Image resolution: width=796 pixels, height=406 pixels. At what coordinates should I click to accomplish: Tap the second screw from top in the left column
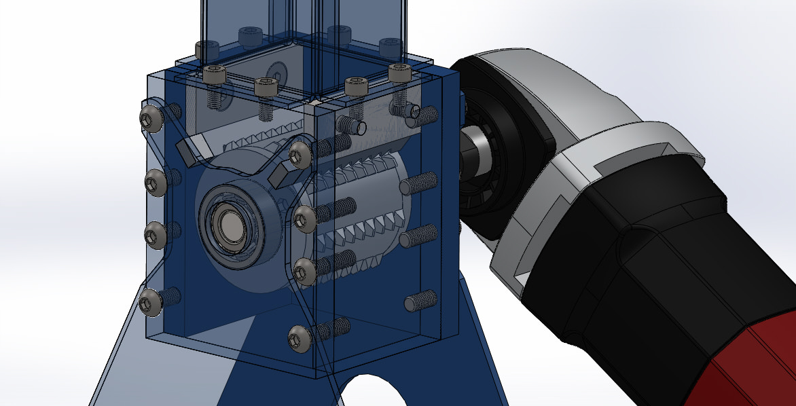(155, 181)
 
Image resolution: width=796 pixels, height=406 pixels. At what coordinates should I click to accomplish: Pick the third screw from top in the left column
(154, 234)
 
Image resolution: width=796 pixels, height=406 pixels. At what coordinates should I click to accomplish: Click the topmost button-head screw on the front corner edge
(298, 155)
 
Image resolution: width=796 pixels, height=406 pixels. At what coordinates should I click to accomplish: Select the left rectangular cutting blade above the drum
(194, 150)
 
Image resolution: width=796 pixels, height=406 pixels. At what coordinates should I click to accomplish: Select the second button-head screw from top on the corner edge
(304, 218)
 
